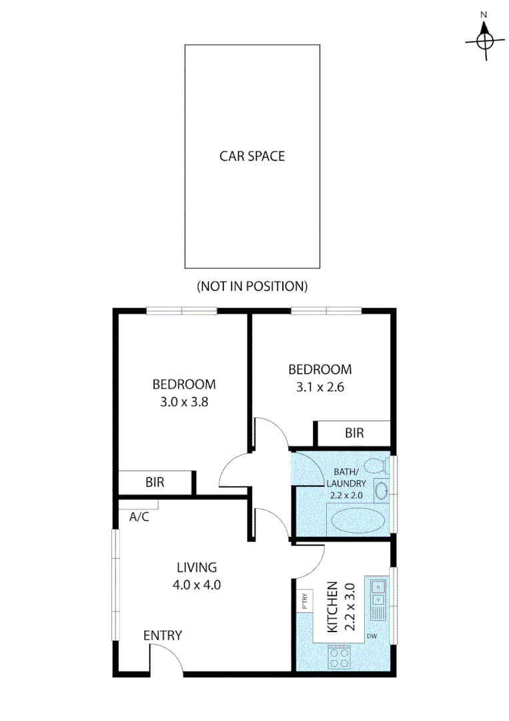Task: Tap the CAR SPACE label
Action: (x=252, y=156)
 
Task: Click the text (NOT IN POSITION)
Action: (x=251, y=286)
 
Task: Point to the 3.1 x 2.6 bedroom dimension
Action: (x=320, y=387)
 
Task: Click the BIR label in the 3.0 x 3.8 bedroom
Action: (x=155, y=481)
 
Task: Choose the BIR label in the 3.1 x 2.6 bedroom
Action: (x=354, y=433)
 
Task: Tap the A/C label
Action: (x=139, y=516)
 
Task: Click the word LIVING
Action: (x=196, y=567)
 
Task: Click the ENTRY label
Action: (x=163, y=636)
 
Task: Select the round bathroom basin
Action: (x=382, y=491)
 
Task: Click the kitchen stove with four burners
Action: (x=340, y=659)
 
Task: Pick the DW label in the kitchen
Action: (x=372, y=636)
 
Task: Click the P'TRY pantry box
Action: (x=304, y=602)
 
